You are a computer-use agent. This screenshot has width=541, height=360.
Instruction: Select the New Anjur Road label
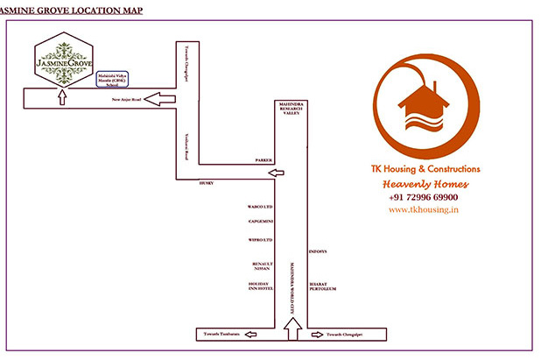(126, 100)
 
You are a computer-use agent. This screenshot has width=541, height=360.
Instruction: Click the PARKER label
(263, 162)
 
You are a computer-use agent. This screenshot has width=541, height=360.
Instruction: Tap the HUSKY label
(207, 182)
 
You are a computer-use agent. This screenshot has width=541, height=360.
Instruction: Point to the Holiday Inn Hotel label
(262, 288)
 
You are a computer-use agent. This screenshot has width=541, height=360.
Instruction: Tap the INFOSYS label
(318, 251)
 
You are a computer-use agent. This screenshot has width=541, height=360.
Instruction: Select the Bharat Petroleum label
(323, 286)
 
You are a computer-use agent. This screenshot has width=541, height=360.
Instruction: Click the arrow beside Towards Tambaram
(249, 334)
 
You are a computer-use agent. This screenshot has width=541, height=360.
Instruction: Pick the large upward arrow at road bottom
(294, 326)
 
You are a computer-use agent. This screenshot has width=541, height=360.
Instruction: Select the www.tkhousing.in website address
(425, 210)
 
